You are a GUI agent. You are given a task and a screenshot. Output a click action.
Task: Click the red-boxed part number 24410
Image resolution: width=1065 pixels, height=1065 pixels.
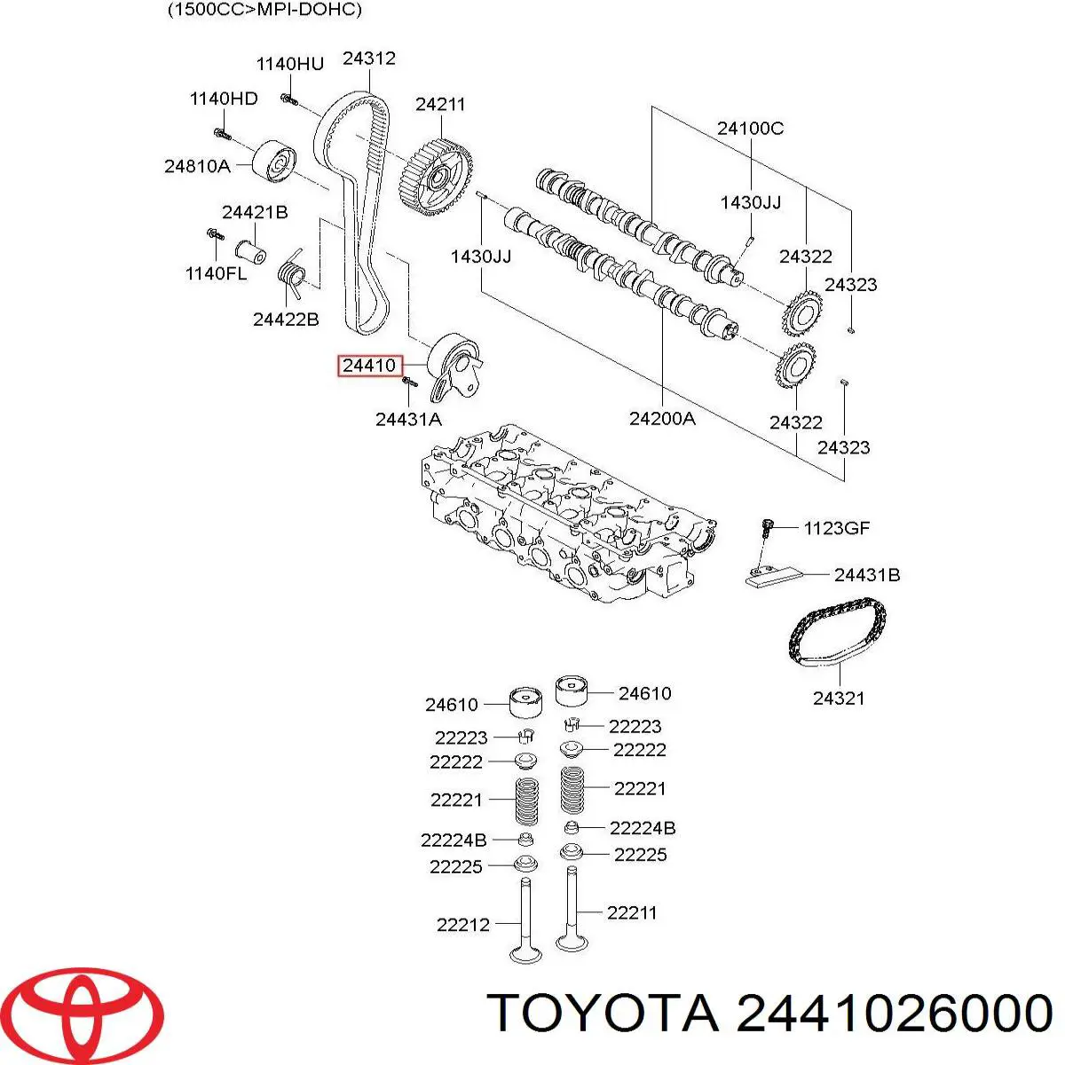(369, 366)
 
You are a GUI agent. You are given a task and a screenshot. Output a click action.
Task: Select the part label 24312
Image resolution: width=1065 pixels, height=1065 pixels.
(368, 59)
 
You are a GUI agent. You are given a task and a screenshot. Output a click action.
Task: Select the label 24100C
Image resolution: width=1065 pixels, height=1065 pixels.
(750, 128)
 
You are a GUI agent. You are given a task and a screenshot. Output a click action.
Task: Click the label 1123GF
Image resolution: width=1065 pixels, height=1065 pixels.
(836, 528)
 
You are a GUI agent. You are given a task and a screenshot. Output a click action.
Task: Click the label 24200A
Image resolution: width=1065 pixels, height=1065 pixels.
(662, 418)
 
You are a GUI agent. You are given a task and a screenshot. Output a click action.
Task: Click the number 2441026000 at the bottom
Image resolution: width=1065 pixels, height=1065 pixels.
(894, 1013)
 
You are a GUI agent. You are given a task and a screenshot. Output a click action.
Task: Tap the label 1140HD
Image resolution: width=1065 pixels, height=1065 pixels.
(224, 99)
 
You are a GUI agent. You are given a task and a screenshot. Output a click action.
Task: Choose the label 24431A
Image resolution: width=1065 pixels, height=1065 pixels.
(407, 419)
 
